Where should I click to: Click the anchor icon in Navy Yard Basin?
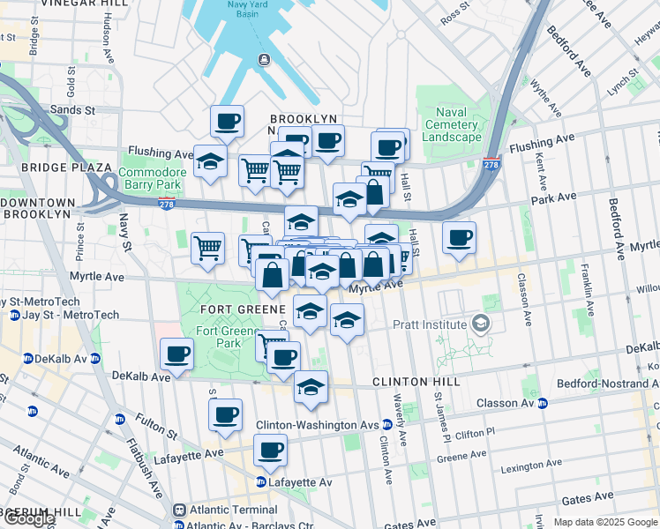click(263, 59)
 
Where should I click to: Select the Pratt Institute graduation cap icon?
click(480, 324)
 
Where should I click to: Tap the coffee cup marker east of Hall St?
click(459, 237)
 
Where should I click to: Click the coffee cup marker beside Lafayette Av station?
click(270, 451)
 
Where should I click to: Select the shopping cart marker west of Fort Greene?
click(208, 248)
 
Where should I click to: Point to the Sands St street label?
click(73, 110)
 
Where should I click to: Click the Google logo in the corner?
click(28, 519)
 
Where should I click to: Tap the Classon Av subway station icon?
click(543, 403)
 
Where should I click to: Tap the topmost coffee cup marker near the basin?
click(227, 120)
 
